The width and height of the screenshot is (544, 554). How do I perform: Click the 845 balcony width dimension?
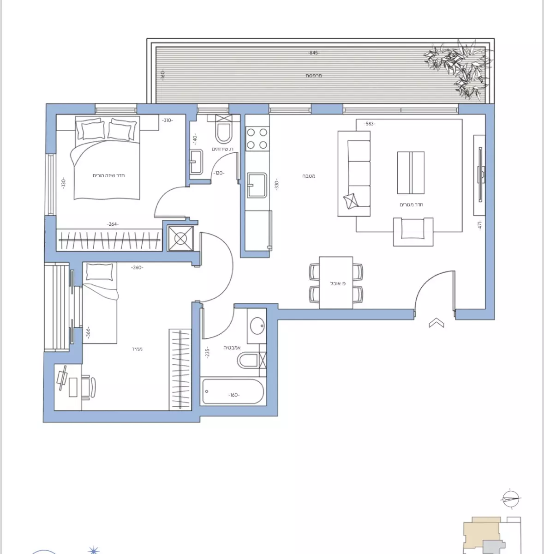pyautogui.click(x=313, y=53)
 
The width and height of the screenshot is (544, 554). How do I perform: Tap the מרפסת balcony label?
pyautogui.click(x=314, y=76)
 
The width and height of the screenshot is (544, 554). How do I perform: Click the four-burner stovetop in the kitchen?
pyautogui.click(x=257, y=138)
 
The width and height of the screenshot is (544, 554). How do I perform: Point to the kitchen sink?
pyautogui.click(x=257, y=185)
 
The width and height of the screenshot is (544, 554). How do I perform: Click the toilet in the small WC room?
pyautogui.click(x=224, y=132)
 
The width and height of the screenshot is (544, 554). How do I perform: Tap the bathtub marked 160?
pyautogui.click(x=233, y=392)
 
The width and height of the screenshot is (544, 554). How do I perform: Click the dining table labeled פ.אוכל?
pyautogui.click(x=336, y=283)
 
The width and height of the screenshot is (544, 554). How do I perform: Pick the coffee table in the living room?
pyautogui.click(x=411, y=173)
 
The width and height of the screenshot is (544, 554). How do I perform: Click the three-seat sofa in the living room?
pyautogui.click(x=354, y=174)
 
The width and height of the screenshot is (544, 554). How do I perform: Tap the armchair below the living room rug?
pyautogui.click(x=413, y=231)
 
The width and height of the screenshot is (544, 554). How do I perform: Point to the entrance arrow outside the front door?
pyautogui.click(x=436, y=323)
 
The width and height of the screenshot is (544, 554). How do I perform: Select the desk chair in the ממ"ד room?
pyautogui.click(x=89, y=386)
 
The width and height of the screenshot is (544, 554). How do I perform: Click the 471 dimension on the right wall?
pyautogui.click(x=480, y=225)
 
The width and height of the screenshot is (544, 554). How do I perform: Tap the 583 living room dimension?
pyautogui.click(x=369, y=124)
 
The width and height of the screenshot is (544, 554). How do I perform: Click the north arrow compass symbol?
pyautogui.click(x=510, y=499)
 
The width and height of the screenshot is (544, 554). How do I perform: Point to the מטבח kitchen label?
pyautogui.click(x=309, y=176)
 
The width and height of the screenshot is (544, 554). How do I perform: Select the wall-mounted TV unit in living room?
pyautogui.click(x=480, y=175)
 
